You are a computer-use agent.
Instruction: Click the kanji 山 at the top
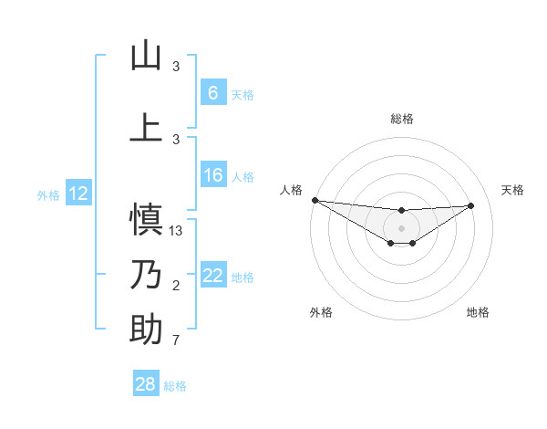(x=146, y=56)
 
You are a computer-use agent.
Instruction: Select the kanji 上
(x=146, y=127)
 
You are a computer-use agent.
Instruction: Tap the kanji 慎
(x=146, y=219)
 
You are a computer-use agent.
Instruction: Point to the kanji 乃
(x=146, y=276)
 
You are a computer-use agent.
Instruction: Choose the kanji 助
(x=146, y=330)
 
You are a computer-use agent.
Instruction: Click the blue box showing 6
(x=212, y=93)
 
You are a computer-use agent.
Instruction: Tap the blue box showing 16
(x=212, y=176)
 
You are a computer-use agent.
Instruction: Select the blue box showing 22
(x=212, y=277)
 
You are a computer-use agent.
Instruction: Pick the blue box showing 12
(x=78, y=194)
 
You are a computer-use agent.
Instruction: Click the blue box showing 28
(x=146, y=385)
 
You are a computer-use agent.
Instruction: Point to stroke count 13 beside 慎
(x=177, y=230)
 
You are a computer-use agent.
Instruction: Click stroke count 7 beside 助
(x=176, y=341)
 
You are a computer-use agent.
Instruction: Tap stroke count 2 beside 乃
(x=176, y=287)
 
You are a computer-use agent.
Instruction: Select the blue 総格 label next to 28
(x=175, y=386)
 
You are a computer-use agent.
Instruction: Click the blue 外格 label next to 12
(x=47, y=194)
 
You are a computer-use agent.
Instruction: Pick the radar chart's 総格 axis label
(x=401, y=119)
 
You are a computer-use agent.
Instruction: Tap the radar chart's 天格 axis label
(x=513, y=190)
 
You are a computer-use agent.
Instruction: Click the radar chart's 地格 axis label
(x=478, y=312)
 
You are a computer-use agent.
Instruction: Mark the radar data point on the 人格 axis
(x=315, y=200)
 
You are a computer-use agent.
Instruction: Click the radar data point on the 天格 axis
(x=471, y=205)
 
